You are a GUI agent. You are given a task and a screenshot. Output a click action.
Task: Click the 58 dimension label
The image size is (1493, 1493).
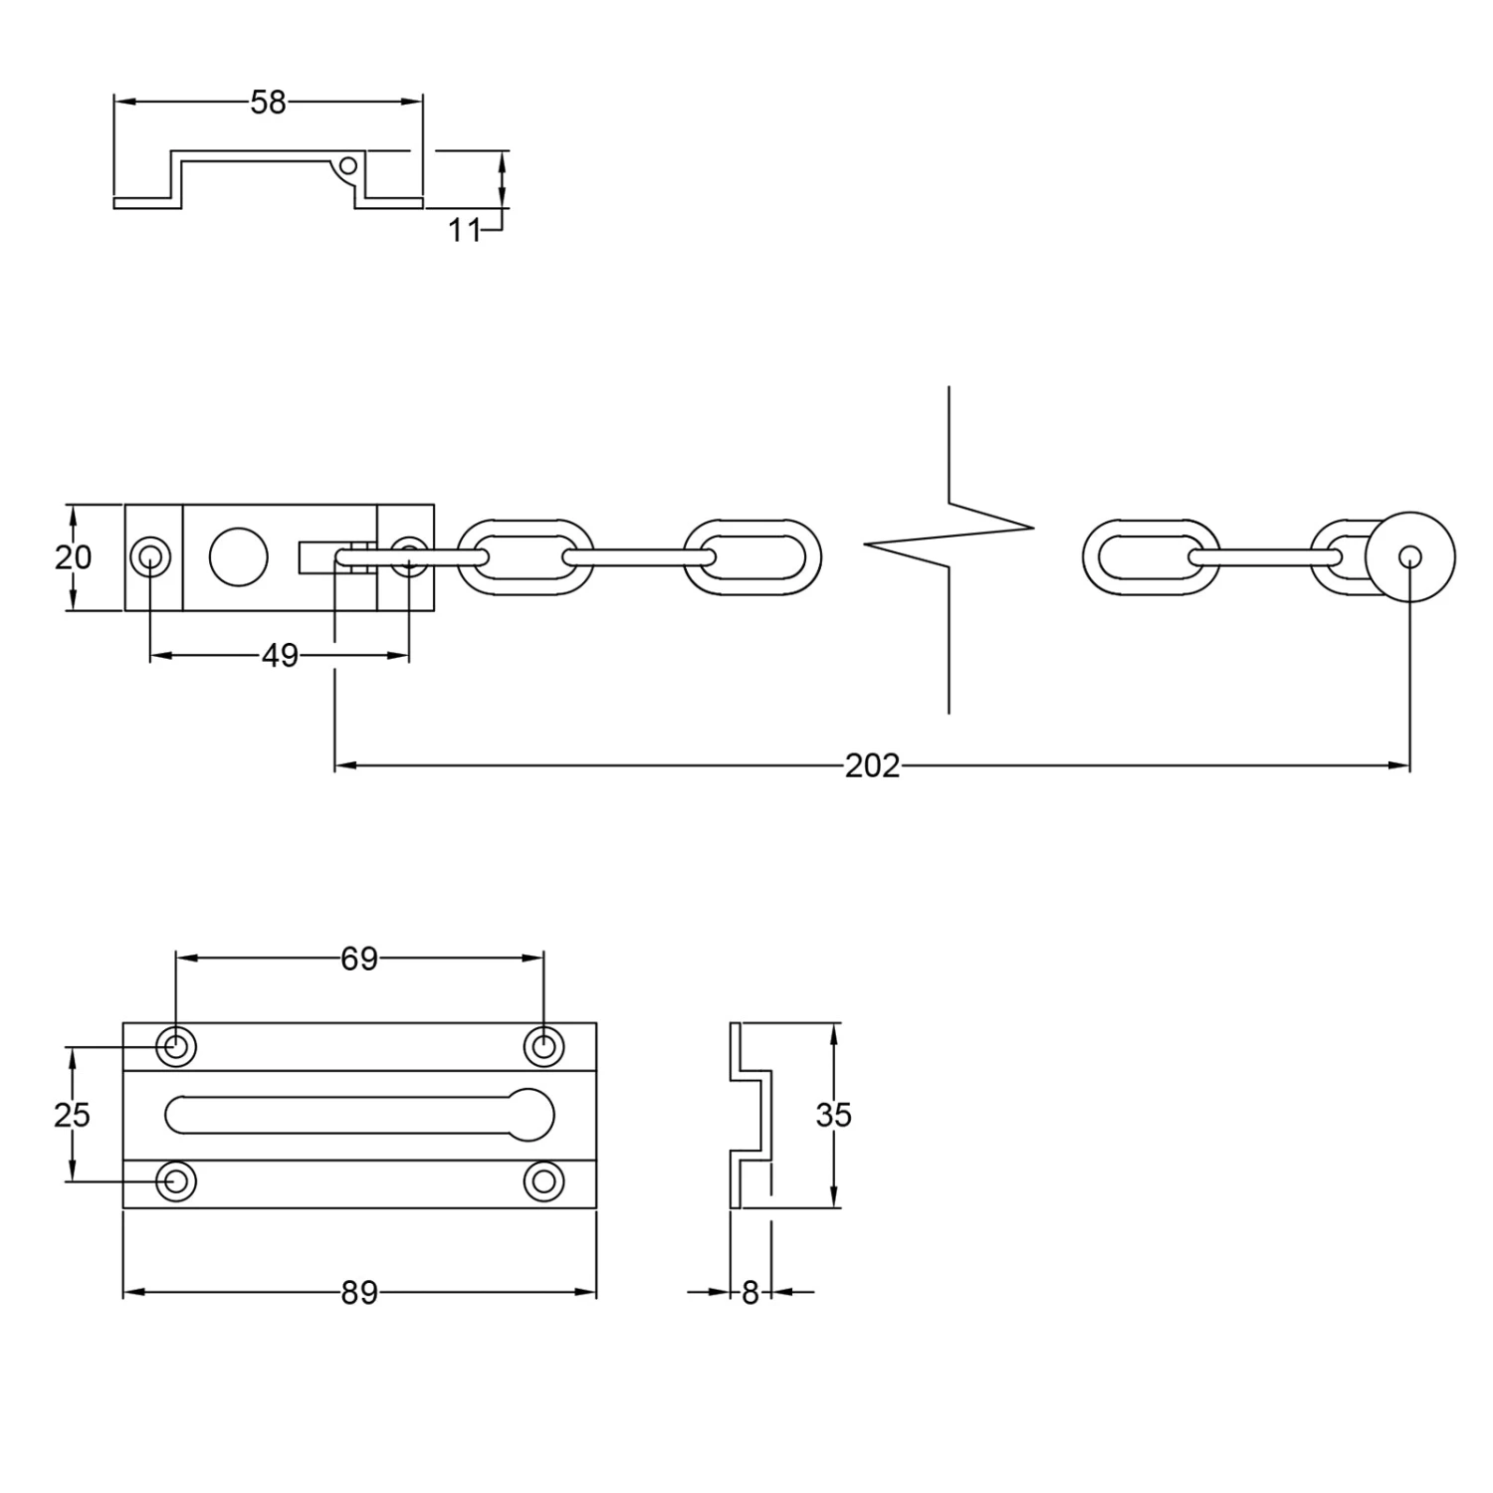click(x=268, y=103)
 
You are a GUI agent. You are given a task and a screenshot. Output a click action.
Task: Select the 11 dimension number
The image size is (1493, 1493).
click(x=464, y=230)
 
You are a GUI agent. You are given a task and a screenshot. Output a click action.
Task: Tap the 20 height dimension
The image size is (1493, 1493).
click(x=73, y=557)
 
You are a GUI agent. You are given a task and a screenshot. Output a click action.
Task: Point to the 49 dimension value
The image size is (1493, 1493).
click(x=280, y=656)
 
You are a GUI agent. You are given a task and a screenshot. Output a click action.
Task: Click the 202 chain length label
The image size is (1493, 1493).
click(x=872, y=765)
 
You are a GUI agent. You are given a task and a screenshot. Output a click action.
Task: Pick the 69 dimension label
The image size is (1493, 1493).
click(x=359, y=959)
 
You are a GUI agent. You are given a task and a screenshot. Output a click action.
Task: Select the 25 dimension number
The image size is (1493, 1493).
click(x=72, y=1115)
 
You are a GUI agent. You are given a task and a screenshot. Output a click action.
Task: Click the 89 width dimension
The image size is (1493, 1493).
click(x=359, y=1293)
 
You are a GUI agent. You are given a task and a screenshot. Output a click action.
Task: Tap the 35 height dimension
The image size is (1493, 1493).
click(x=833, y=1115)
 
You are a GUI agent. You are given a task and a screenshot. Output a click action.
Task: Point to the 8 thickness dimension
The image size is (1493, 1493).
click(x=750, y=1293)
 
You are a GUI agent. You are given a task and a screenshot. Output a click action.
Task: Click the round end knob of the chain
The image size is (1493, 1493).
click(x=1410, y=557)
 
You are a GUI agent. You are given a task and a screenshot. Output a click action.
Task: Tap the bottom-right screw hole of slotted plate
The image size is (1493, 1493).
click(x=543, y=1181)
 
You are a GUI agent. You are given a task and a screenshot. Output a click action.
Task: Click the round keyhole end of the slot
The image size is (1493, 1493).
click(x=533, y=1115)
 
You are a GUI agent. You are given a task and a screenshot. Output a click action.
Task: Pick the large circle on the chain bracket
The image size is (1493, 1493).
click(x=239, y=557)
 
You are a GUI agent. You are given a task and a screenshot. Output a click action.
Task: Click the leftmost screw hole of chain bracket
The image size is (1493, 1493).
click(x=150, y=557)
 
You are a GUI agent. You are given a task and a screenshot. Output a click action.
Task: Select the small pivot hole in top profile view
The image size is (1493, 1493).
click(x=348, y=165)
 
